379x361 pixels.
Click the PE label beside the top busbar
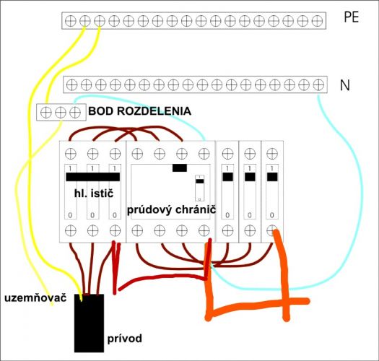click(x=351, y=17)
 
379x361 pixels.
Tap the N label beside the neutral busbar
click(x=344, y=85)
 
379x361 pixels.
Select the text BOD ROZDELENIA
click(x=140, y=111)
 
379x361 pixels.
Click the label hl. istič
click(x=94, y=193)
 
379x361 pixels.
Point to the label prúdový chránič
click(x=171, y=209)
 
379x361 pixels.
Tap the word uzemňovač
click(x=35, y=298)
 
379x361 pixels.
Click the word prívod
click(x=124, y=339)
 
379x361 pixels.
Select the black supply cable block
click(x=89, y=323)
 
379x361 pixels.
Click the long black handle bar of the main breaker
click(x=93, y=177)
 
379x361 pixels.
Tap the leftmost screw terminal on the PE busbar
click(x=71, y=21)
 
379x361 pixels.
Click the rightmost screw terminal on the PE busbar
click(x=317, y=21)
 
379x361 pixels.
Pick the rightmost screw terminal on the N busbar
click(x=318, y=84)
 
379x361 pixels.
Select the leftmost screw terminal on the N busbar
click(x=71, y=84)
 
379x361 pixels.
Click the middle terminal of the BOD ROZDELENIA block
click(x=61, y=113)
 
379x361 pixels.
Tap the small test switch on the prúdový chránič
click(x=200, y=188)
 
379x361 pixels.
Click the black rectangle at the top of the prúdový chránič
click(x=180, y=168)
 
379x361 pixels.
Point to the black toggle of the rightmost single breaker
click(x=272, y=177)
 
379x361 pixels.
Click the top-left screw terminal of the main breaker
click(x=71, y=154)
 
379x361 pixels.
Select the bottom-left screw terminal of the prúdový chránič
click(x=137, y=230)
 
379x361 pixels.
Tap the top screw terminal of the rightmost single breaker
click(x=272, y=154)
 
